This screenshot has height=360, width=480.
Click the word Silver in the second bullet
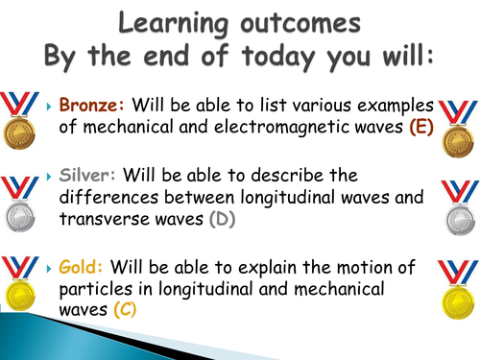pos(85,176)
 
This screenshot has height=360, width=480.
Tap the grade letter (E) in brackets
pos(420,130)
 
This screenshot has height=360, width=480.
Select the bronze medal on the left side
pos(23,124)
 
